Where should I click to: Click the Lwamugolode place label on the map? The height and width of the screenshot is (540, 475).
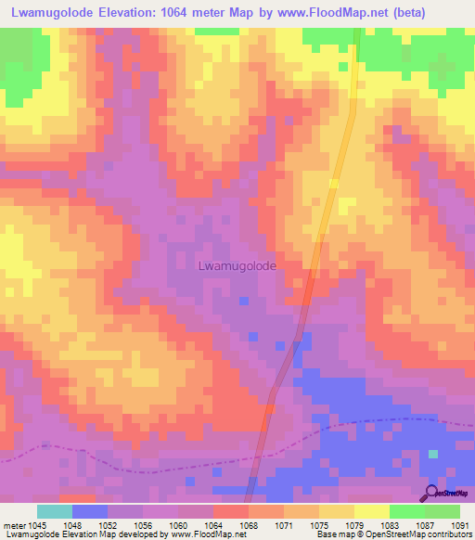coord(237,264)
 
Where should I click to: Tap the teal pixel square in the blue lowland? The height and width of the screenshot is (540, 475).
coord(432,454)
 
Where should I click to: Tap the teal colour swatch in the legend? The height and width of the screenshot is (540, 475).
coord(55,511)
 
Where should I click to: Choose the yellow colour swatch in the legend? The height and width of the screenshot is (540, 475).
coord(372,511)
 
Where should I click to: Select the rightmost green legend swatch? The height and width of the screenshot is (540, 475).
coord(443,511)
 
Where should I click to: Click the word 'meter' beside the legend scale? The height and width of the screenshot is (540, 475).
coord(16,524)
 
